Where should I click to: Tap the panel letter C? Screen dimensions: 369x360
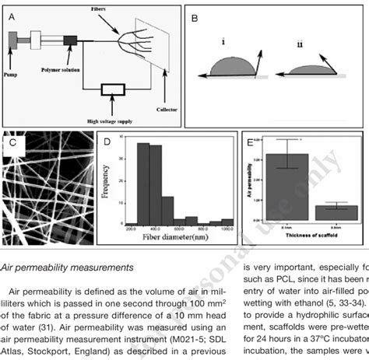[11, 143]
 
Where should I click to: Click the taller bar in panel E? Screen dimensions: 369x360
[287, 187]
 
